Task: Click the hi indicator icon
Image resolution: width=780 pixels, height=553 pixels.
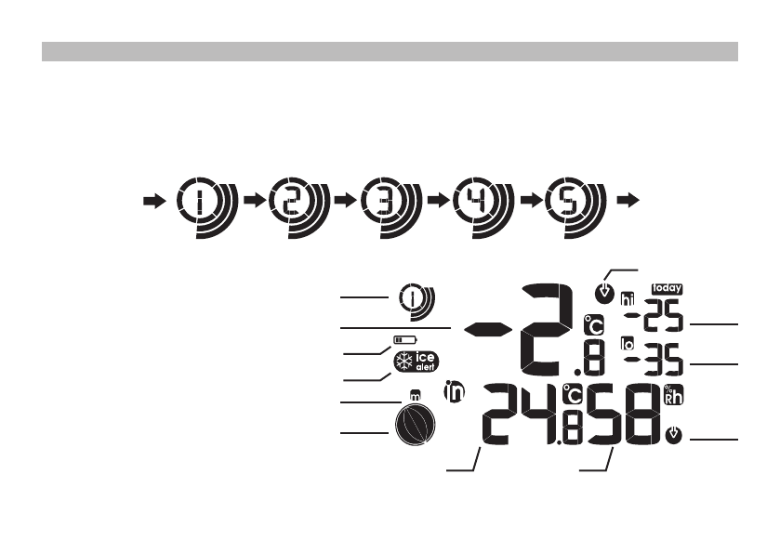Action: pos(628,293)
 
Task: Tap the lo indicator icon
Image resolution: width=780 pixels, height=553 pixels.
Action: pos(628,345)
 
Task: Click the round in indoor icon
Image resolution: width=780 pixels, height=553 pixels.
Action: pos(455,393)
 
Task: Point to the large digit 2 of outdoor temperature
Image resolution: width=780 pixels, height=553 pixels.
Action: pos(548,324)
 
